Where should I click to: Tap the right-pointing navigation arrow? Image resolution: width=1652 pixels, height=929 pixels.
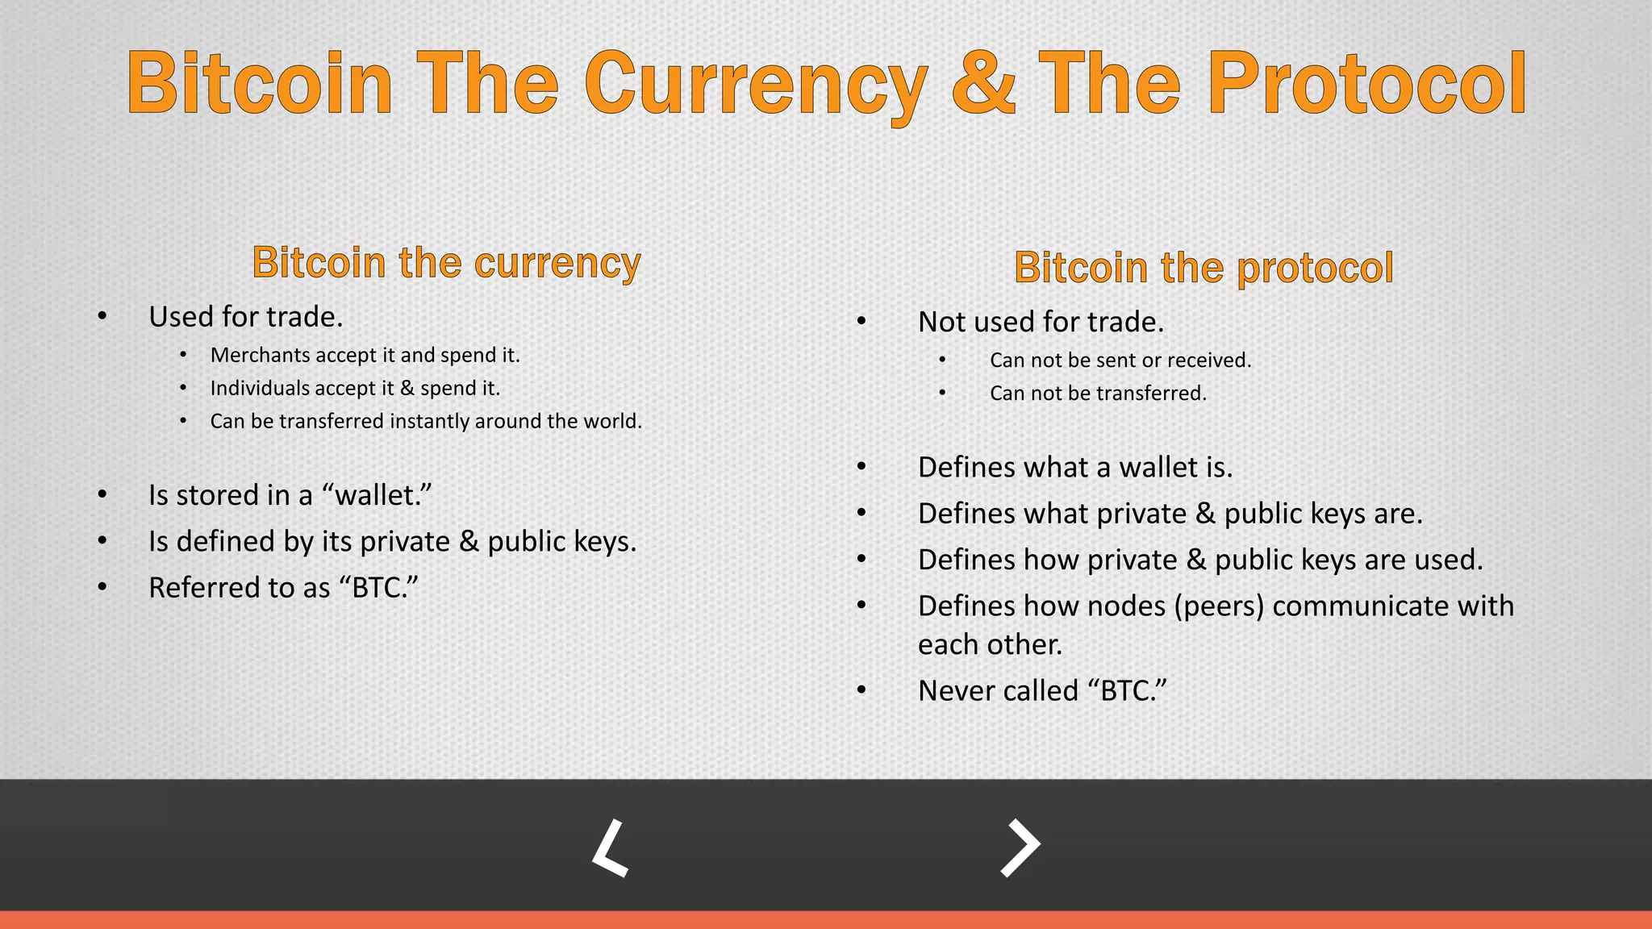(1020, 848)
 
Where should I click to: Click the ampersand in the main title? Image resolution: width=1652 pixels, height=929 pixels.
(983, 83)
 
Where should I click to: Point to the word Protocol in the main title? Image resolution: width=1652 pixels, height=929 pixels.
(1366, 83)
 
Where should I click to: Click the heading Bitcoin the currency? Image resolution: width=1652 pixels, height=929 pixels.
(446, 263)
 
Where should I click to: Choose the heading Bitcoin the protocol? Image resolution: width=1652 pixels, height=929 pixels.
(1203, 268)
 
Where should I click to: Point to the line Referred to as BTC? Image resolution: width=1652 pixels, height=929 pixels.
(283, 588)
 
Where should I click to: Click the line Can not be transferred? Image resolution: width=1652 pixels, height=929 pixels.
(1098, 394)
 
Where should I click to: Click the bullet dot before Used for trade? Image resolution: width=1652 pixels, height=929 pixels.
(102, 316)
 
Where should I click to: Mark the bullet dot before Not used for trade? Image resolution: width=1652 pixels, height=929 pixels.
(861, 322)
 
